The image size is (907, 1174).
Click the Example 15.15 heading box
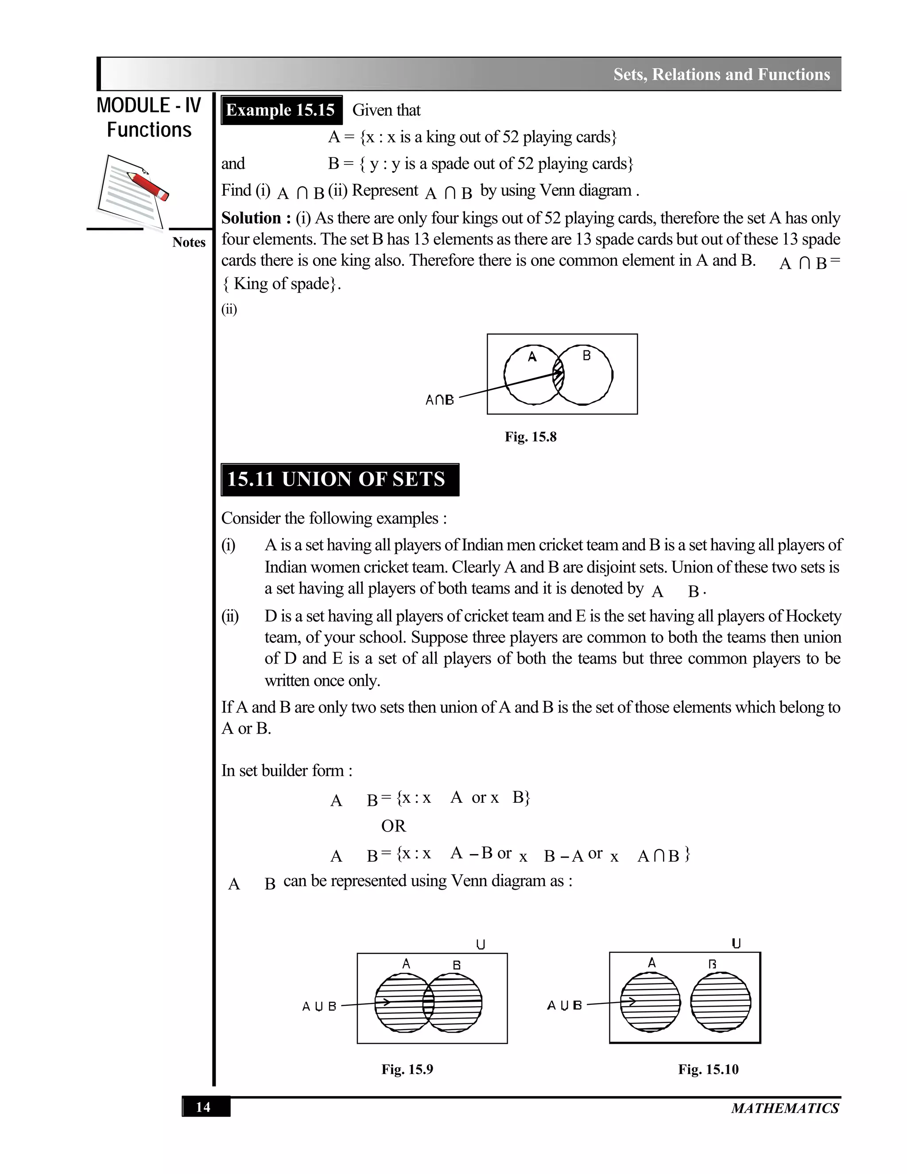[x=281, y=110]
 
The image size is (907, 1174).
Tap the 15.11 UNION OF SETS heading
[x=339, y=479]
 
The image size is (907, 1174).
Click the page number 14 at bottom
[x=203, y=1107]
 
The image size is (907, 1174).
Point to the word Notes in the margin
[x=189, y=242]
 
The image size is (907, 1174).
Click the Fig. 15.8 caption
[x=530, y=436]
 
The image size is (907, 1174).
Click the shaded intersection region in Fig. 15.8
[x=559, y=374]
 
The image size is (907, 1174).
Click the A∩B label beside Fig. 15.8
[x=439, y=400]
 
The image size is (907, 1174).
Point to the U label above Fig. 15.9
[x=481, y=945]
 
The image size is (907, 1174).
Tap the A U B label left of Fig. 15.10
[x=564, y=1005]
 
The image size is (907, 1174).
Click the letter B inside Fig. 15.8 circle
[x=586, y=355]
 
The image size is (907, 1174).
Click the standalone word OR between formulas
[x=393, y=826]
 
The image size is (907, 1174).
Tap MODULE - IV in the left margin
[x=149, y=105]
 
